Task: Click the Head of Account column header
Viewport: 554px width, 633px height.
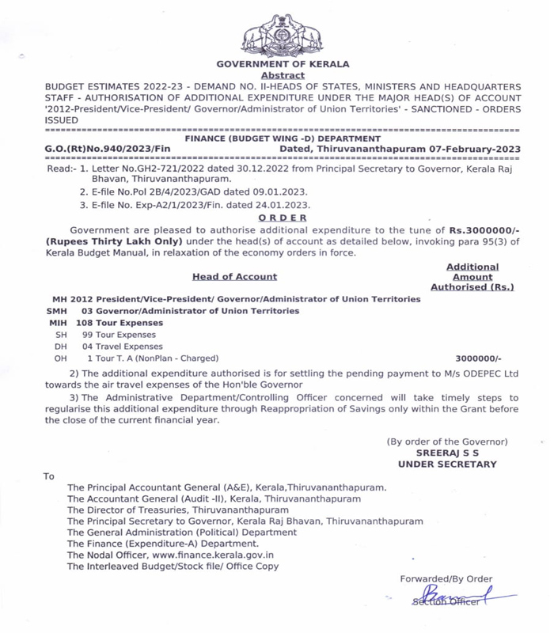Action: point(234,277)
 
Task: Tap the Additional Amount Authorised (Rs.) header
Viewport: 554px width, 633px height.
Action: point(472,277)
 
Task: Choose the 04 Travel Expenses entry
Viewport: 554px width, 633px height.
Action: point(123,347)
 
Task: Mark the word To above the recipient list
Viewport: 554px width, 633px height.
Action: point(49,476)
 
